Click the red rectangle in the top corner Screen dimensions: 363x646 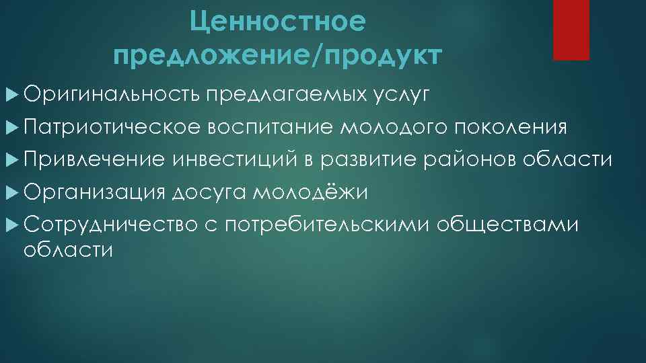pyautogui.click(x=571, y=30)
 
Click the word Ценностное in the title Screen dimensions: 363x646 pyautogui.click(x=278, y=23)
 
